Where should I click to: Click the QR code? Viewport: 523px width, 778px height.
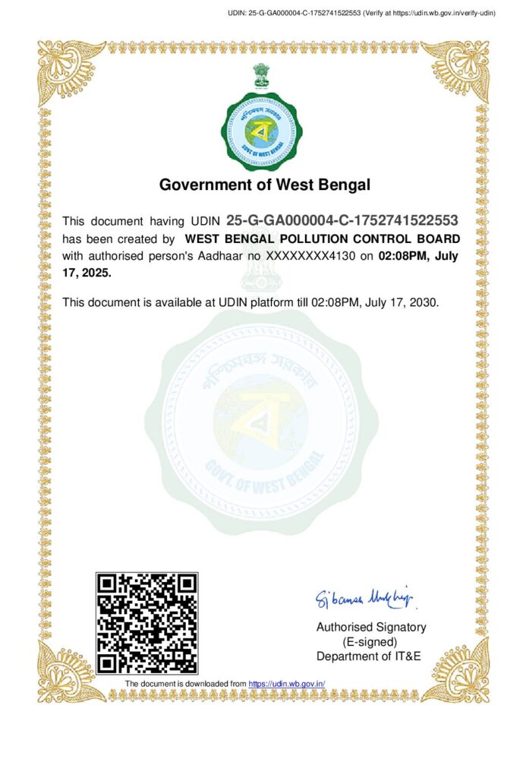pos(147,623)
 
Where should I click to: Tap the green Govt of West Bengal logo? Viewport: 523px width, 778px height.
pos(261,131)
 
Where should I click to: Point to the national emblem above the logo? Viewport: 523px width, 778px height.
pos(261,77)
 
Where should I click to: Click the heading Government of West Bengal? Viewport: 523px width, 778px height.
pos(264,184)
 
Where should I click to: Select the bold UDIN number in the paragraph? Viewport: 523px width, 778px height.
pos(342,221)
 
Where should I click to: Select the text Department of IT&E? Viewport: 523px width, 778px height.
pos(368,656)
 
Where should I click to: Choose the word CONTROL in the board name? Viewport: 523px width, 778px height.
pos(381,239)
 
